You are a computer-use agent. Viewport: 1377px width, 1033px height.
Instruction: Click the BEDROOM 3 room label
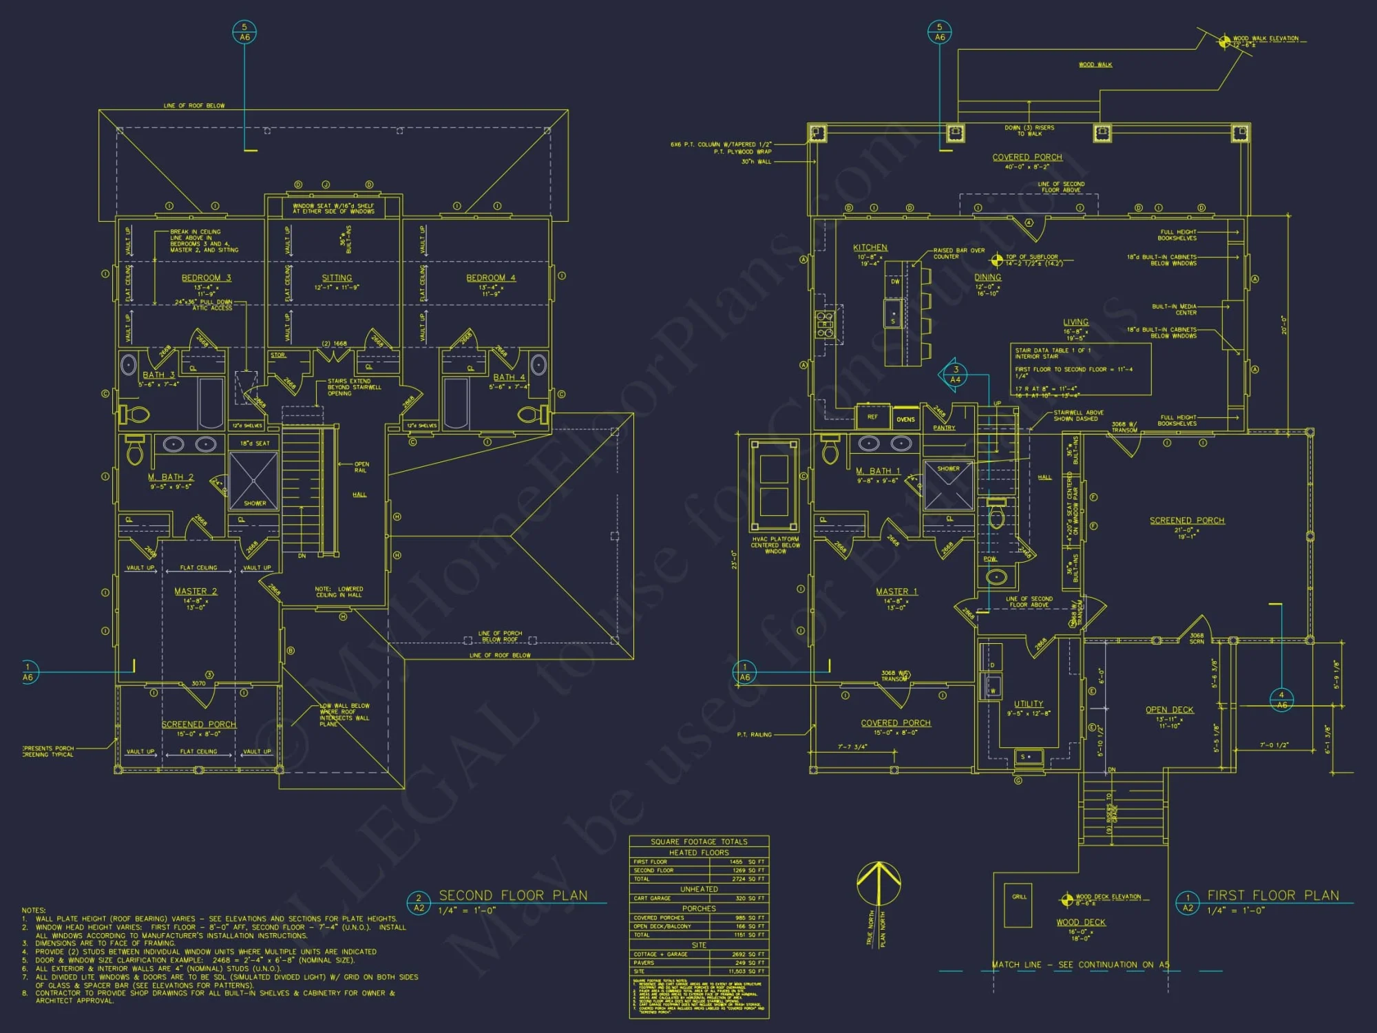(206, 278)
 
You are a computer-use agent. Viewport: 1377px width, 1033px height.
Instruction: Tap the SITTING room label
(337, 278)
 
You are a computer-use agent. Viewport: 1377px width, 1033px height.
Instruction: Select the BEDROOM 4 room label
(490, 278)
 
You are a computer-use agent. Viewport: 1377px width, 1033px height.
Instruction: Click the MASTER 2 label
(196, 592)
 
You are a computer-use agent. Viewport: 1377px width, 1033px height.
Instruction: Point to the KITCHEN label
(870, 248)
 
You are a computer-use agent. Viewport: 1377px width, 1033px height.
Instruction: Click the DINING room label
(987, 278)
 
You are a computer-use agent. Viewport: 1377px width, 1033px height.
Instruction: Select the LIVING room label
(1075, 322)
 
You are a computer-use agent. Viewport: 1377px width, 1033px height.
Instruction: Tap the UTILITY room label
(1029, 704)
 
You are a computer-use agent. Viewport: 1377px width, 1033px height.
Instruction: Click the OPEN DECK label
(1169, 710)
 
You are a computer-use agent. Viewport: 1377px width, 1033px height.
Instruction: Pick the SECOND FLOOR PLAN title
(513, 895)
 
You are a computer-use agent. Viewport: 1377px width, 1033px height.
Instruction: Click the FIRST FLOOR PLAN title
(1273, 895)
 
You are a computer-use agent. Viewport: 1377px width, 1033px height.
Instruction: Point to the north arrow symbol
(879, 885)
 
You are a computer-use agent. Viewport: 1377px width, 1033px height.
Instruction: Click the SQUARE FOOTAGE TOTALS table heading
(699, 842)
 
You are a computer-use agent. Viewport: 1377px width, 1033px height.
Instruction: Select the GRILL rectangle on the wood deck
(1018, 905)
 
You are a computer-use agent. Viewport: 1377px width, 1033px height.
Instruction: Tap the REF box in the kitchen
(872, 417)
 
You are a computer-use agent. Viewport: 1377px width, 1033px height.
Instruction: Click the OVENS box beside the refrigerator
(905, 419)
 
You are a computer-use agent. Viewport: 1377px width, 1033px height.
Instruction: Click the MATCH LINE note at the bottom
(1080, 965)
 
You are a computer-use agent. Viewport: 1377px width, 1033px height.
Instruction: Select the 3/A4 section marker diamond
(955, 375)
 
